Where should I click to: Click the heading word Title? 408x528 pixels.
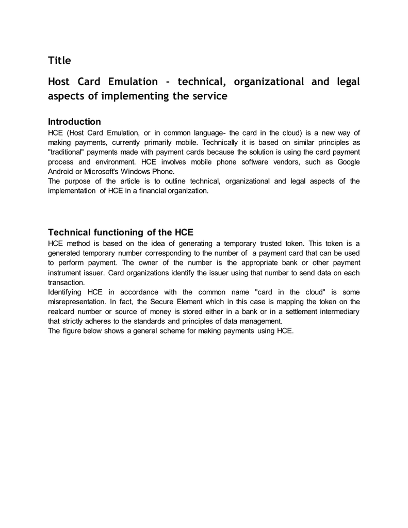59,60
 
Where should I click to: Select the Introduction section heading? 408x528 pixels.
74,122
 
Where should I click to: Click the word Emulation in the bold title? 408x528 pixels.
133,81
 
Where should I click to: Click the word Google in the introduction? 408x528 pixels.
348,162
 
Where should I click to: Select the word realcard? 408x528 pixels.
62,311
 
